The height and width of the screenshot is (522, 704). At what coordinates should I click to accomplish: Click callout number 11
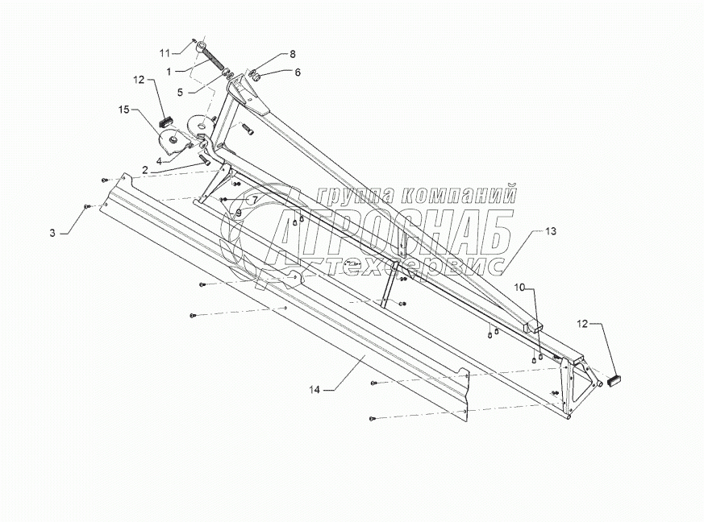(164, 52)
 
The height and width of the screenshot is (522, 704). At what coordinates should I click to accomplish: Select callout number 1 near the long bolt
(169, 71)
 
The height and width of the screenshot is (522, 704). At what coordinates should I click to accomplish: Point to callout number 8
(292, 53)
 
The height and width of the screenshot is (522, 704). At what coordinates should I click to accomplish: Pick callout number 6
(297, 72)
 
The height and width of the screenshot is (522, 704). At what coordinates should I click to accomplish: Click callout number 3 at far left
(52, 234)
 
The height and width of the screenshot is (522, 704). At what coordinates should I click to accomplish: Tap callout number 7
(253, 199)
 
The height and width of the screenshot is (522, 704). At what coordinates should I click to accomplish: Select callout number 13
(550, 231)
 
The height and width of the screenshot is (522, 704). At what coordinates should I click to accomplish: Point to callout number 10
(520, 287)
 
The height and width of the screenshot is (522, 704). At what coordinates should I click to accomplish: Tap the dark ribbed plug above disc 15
(168, 122)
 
